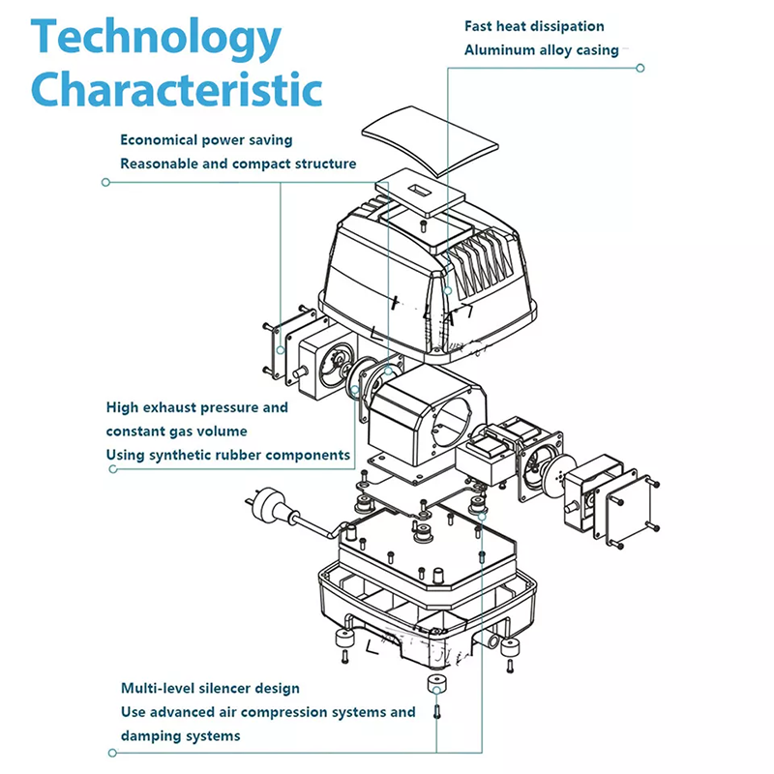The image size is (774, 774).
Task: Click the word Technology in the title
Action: click(x=157, y=40)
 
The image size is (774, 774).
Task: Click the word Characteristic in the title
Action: click(x=177, y=90)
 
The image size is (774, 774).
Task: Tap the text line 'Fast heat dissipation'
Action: click(x=534, y=26)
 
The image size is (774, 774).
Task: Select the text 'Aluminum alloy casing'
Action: click(x=541, y=49)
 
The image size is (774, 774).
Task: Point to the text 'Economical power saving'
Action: click(x=206, y=140)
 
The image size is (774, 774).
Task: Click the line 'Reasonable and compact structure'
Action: click(x=238, y=164)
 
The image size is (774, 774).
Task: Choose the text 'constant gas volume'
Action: click(x=176, y=431)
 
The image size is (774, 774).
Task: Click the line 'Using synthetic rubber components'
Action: click(x=228, y=454)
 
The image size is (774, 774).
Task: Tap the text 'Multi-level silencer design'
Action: click(x=210, y=688)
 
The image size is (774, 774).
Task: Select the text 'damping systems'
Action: click(x=181, y=735)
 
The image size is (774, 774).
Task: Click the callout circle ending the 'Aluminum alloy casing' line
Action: click(x=640, y=68)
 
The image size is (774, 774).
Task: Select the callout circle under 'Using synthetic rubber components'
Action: click(x=113, y=469)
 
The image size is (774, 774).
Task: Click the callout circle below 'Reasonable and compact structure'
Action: click(x=105, y=181)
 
